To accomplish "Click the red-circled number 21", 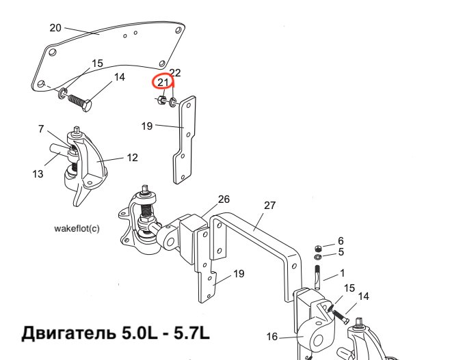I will point(163,83).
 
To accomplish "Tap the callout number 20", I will point(55,28).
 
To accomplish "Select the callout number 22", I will point(175,72).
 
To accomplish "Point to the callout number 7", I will point(41,128).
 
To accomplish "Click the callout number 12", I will point(132,158).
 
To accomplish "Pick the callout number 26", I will point(224,199).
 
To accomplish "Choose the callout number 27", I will point(269,205).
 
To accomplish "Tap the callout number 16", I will point(272,336).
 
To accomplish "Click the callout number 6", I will point(341,241).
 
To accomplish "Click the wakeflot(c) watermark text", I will point(77,228).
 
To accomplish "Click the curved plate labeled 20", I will point(109,51).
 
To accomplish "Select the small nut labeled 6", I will point(319,247).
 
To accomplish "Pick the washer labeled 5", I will point(319,257).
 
